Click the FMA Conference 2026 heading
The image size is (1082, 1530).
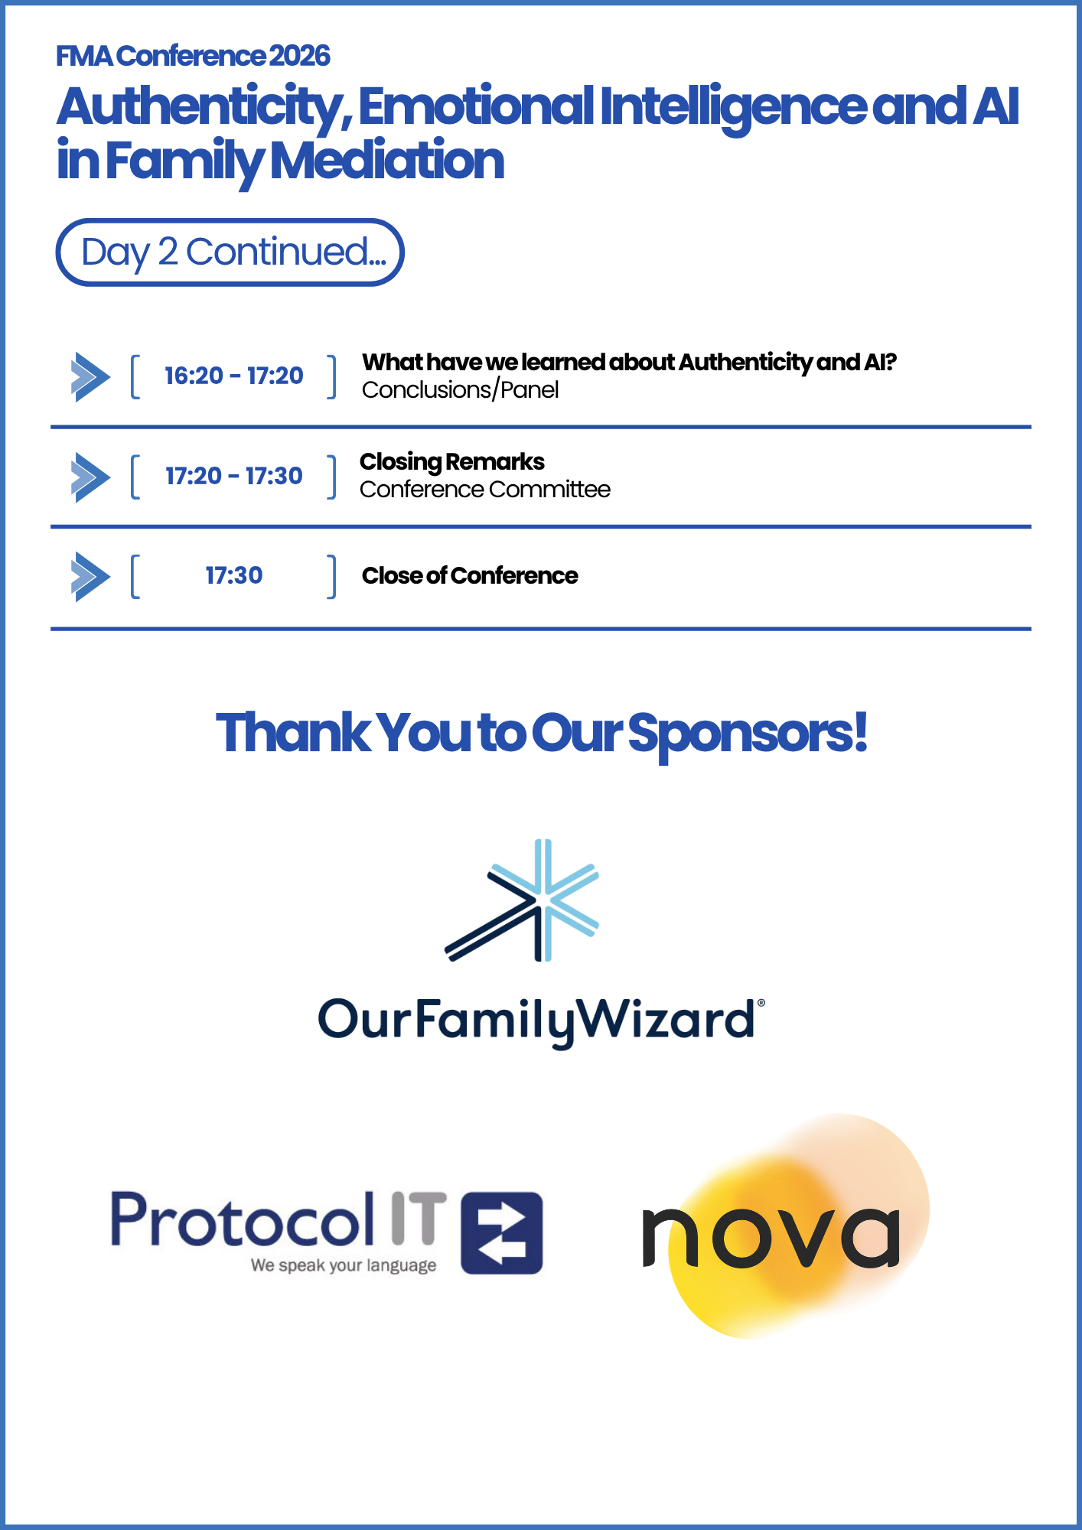193,56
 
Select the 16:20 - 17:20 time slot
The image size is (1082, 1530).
234,376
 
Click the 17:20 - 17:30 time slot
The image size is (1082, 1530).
234,476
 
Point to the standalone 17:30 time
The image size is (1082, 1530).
234,575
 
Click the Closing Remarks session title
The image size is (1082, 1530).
452,462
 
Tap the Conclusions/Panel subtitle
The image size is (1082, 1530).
460,390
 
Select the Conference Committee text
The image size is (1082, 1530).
485,490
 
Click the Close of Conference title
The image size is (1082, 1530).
470,575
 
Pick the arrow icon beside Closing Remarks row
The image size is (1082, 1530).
90,477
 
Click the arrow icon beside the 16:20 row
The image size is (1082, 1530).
90,377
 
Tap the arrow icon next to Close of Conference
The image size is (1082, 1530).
90,577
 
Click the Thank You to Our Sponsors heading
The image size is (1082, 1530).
541,734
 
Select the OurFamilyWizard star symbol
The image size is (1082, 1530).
522,900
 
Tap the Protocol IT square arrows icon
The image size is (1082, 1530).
502,1233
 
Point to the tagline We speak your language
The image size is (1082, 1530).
344,1266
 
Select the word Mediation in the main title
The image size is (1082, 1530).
387,161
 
